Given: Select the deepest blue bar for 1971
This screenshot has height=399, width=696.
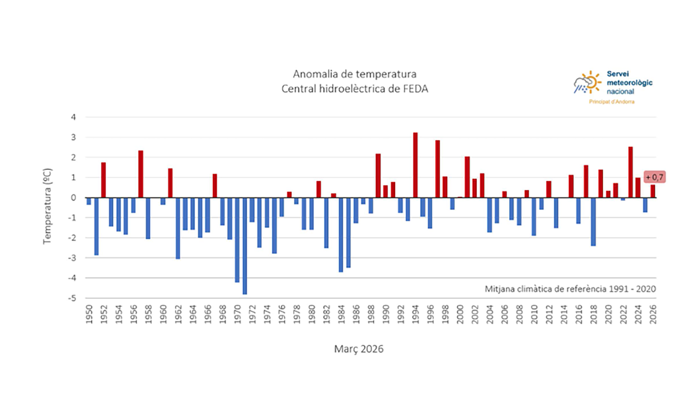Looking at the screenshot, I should point(245,246).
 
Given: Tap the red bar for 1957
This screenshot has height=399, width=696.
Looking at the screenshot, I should point(141,174).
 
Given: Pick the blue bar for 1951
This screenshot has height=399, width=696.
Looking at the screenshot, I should point(96,227).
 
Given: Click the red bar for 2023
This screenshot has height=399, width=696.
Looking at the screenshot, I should point(630,172).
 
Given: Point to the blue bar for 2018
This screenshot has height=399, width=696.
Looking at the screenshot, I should point(593,222).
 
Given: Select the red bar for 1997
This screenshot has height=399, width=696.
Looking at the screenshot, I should point(437,169).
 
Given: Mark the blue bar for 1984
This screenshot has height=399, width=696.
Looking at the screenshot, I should point(341,235).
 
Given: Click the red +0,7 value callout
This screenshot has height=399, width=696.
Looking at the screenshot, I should point(654,177).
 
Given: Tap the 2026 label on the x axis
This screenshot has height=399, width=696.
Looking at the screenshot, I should point(653,314).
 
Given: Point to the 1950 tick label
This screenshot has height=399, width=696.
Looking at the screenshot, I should point(89,314).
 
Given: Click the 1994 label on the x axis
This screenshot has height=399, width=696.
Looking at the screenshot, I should point(415,314).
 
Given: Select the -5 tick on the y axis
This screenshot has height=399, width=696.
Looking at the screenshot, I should point(72,298).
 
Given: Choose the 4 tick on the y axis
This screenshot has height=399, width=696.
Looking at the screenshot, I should point(73,117).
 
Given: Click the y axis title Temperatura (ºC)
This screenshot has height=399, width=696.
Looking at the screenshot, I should point(47,206).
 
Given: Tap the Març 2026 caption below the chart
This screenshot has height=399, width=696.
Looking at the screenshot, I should point(358,349).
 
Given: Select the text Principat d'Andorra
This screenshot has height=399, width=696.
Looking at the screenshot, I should point(611,102).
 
